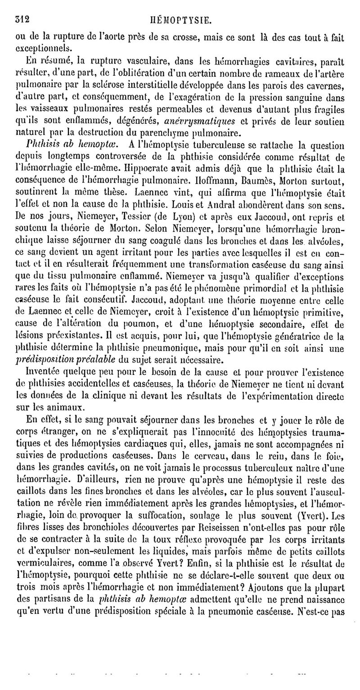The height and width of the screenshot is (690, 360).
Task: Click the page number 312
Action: coord(22,7)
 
